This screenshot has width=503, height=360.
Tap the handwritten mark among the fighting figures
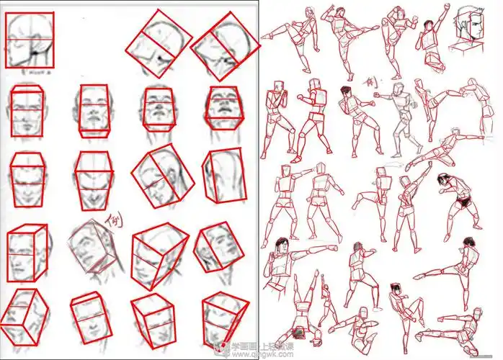pos(369,84)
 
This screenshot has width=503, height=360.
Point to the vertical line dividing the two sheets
pos(259,180)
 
